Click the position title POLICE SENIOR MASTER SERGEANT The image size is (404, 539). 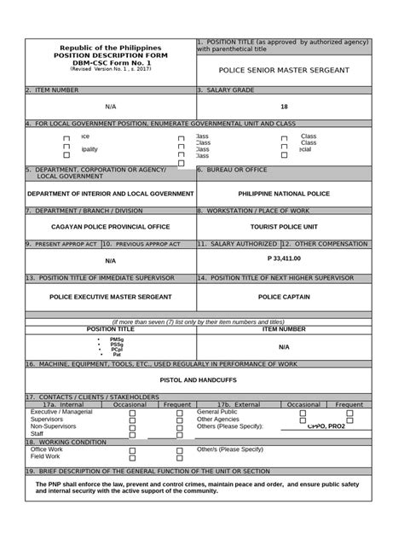[x=284, y=70]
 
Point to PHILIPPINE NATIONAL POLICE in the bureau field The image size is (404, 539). [x=284, y=194]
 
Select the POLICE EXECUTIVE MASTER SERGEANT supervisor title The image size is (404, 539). [x=110, y=296]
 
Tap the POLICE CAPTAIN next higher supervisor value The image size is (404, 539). [x=284, y=296]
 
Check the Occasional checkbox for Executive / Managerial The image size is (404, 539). [x=132, y=413]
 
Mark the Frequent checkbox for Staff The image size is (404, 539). [x=180, y=436]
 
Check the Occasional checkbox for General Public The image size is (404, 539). [x=303, y=413]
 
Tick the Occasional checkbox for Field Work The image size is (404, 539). [x=132, y=458]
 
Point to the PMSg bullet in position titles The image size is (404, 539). [x=117, y=339]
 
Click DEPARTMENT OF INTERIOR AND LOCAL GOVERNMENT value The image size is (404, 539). [x=110, y=194]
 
